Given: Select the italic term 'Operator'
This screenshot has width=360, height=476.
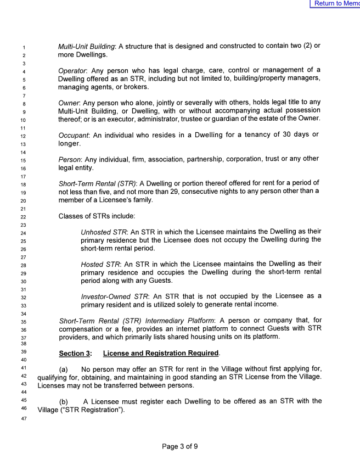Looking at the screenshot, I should click(72, 70).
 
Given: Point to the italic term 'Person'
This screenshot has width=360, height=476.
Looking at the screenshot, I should click(70, 159).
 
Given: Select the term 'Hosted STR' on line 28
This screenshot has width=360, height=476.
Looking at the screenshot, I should click(100, 264).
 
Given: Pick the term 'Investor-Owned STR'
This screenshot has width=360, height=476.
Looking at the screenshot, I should click(115, 296).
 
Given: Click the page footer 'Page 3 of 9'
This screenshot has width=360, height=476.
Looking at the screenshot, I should click(180, 446).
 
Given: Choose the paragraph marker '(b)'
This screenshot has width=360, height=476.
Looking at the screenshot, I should click(65, 402).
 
